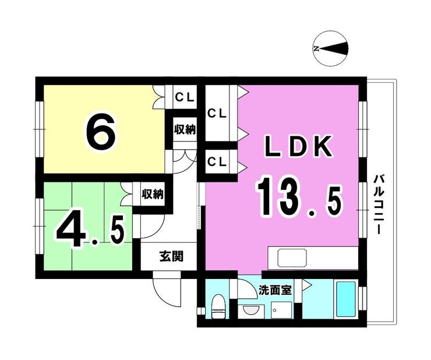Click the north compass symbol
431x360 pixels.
coord(331,49)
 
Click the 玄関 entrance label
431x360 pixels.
coord(171,256)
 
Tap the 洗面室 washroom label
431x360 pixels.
coord(275,290)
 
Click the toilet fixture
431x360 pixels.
coord(219,306)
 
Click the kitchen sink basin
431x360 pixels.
coord(292,258)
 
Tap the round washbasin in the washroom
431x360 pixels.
coord(250,310)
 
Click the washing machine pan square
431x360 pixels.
coord(281,310)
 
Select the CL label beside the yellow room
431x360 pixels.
coord(185,97)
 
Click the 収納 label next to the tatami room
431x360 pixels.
coord(153,194)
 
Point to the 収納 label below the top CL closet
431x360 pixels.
coord(185,129)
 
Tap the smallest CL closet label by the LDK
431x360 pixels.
coord(217,162)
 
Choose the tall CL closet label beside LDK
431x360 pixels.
coord(217,114)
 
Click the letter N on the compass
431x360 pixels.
coord(316,49)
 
